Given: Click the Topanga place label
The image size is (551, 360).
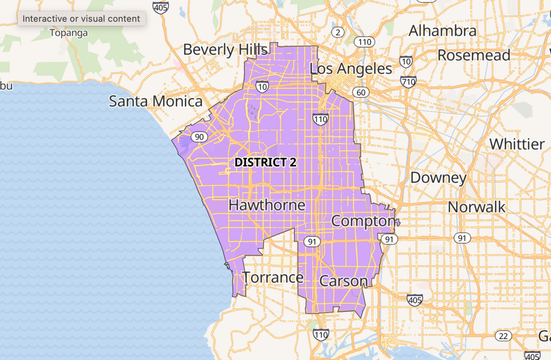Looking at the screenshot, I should click(x=68, y=33).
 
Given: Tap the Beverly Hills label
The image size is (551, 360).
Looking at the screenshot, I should click(x=225, y=50).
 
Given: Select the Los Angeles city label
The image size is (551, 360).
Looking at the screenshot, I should click(x=351, y=69).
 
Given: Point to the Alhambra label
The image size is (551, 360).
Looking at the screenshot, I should click(x=442, y=31).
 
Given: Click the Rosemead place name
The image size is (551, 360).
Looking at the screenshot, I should click(x=474, y=55).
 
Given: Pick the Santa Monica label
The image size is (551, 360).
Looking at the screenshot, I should click(x=156, y=101).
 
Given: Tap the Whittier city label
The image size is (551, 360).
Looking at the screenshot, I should click(x=517, y=144).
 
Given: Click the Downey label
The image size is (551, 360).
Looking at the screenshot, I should click(x=438, y=178).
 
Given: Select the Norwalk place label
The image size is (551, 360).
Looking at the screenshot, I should click(x=476, y=207).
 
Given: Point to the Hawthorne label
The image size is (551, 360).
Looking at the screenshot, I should click(x=267, y=205).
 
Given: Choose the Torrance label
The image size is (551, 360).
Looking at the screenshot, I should click(x=273, y=277).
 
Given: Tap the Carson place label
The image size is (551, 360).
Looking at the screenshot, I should click(x=343, y=281).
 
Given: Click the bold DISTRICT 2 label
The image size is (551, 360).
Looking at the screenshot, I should click(x=265, y=162).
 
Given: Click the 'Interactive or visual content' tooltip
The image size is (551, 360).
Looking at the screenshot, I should click(x=81, y=19).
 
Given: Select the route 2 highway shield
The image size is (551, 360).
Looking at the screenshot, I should click(x=338, y=32).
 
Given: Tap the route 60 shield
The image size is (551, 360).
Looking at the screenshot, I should click(x=361, y=92).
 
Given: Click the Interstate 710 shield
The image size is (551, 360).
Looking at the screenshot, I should click(x=408, y=81).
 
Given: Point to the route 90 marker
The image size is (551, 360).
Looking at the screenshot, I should click(x=199, y=137).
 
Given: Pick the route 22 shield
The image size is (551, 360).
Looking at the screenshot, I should click(x=503, y=336).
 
